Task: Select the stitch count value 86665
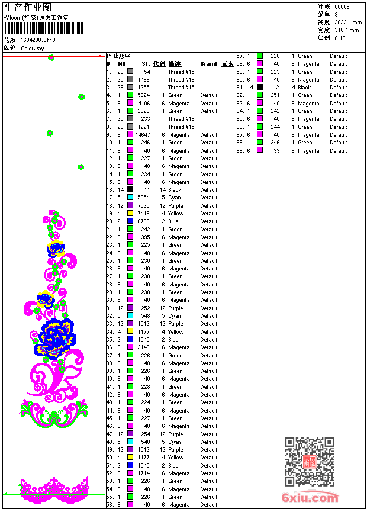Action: [x=342, y=7]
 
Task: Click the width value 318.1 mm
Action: [x=347, y=30]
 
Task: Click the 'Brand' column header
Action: [x=208, y=63]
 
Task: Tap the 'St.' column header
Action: [x=145, y=63]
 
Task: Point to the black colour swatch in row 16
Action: [x=130, y=190]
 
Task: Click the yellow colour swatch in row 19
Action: [x=130, y=214]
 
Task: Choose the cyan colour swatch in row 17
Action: [x=130, y=198]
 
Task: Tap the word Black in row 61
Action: [x=304, y=88]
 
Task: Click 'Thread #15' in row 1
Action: [x=181, y=72]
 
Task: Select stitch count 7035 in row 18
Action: [x=144, y=206]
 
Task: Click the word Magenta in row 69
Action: [x=308, y=151]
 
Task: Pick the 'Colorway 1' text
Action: [x=34, y=49]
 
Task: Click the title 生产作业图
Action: [x=28, y=7]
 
